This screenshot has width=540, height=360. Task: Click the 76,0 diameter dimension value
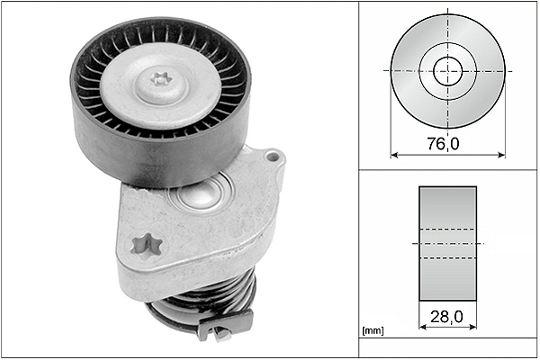click(443, 143)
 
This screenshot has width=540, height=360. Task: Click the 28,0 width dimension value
click(446, 317)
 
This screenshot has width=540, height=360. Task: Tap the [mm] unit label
click(373, 330)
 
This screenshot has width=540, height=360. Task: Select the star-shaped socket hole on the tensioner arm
click(148, 245)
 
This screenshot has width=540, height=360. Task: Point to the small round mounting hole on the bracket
click(273, 157)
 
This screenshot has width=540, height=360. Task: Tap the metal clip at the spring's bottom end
click(226, 326)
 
